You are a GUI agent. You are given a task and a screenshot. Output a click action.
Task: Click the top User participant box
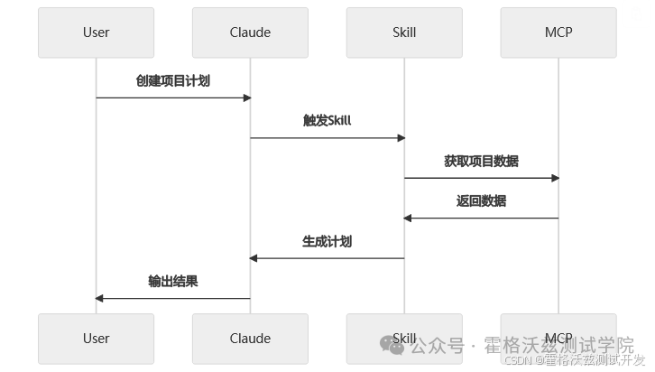96,33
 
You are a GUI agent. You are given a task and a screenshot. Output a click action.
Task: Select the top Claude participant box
250,33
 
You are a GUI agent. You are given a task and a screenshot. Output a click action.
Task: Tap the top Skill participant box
404,33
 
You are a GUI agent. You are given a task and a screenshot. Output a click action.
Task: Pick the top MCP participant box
558,33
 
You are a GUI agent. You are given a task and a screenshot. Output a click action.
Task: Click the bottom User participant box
96,339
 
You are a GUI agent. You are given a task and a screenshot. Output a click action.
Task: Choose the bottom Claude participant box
250,339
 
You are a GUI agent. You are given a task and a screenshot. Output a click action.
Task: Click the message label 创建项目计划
173,80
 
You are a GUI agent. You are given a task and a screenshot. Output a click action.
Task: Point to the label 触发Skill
327,120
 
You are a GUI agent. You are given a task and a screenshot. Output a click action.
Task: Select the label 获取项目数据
481,161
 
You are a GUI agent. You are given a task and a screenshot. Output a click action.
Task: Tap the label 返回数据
481,201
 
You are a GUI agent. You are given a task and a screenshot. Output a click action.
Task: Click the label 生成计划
327,241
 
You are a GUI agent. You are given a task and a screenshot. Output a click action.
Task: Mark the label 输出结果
173,282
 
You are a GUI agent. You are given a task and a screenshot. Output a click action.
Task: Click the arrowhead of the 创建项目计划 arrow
247,98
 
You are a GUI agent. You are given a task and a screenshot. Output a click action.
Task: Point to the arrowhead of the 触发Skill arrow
401,138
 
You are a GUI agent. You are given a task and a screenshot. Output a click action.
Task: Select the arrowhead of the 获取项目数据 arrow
555,178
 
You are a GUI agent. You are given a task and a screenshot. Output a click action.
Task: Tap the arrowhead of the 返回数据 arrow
408,219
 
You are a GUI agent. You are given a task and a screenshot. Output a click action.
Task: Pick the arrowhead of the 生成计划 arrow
254,258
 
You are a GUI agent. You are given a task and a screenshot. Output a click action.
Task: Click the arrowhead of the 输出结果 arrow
99,299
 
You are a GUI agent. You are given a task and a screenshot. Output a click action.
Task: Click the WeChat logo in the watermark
392,345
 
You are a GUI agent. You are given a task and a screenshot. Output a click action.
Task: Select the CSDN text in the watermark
518,360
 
